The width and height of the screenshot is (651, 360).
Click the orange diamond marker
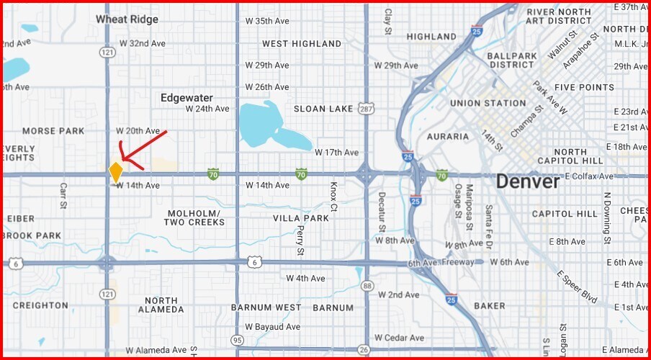[115, 172]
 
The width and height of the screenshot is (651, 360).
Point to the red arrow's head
[121, 159]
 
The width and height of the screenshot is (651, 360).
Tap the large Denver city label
[528, 182]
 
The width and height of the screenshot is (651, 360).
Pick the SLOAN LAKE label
[323, 109]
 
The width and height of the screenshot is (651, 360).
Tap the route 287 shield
[367, 109]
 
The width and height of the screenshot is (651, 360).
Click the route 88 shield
[367, 287]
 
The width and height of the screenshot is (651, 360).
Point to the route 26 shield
[364, 351]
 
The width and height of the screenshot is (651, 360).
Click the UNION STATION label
[488, 104]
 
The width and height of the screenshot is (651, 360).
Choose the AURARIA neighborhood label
[448, 136]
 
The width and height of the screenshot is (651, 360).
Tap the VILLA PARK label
[300, 218]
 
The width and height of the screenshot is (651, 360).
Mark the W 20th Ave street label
[138, 131]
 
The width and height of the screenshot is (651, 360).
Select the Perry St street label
[300, 240]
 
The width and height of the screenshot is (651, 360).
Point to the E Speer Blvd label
[577, 287]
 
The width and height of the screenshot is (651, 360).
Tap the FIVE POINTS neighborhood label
[584, 88]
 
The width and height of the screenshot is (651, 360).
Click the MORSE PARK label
[53, 131]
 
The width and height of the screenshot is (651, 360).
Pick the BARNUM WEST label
[266, 307]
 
